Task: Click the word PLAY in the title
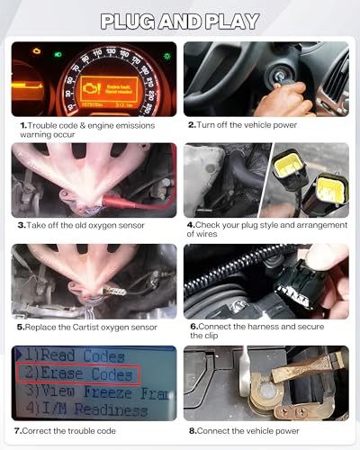click(229, 21)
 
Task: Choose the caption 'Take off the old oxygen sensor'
click(96, 225)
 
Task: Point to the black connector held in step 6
click(310, 279)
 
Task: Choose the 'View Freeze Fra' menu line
click(94, 392)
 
